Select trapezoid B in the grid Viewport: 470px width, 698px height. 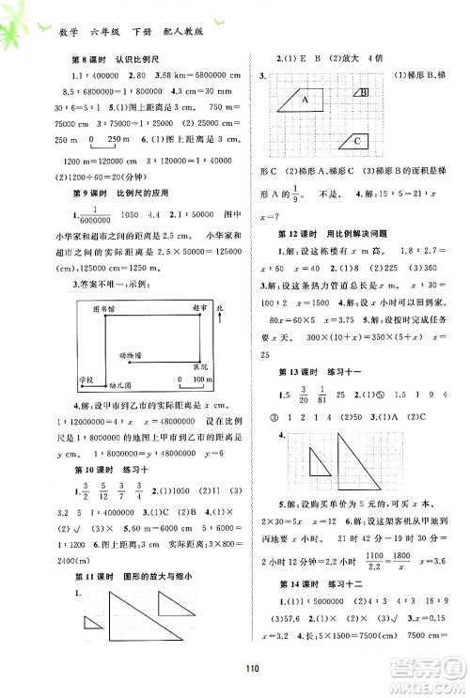(362, 92)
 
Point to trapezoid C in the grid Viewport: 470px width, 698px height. (354, 140)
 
